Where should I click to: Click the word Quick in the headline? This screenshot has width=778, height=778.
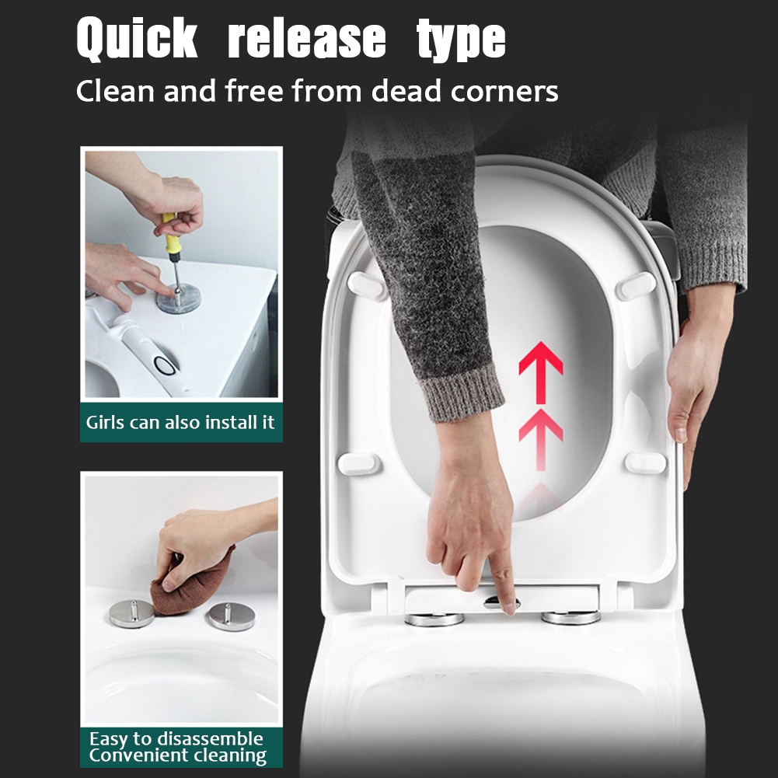point(137,39)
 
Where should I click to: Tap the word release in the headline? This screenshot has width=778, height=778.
point(307,38)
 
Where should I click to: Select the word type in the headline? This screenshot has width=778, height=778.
point(461,40)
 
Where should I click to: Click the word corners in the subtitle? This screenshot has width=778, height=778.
point(504,92)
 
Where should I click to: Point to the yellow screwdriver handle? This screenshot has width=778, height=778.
point(170,238)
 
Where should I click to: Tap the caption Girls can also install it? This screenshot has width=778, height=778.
point(180,422)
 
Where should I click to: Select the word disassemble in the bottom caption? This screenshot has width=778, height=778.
point(209,739)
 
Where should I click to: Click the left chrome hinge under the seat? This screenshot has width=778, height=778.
point(434,619)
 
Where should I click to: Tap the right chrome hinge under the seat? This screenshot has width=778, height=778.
point(570,618)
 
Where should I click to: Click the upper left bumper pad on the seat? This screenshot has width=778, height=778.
point(367,286)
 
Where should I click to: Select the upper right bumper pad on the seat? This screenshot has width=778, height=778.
point(636,286)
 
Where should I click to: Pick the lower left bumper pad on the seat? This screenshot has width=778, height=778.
point(359,464)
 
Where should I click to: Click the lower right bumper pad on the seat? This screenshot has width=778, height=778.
point(645,463)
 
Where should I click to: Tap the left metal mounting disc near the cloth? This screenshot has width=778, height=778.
point(131,613)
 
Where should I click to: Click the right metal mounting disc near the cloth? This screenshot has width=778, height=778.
point(231,616)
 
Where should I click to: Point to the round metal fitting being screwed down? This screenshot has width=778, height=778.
point(179,298)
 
